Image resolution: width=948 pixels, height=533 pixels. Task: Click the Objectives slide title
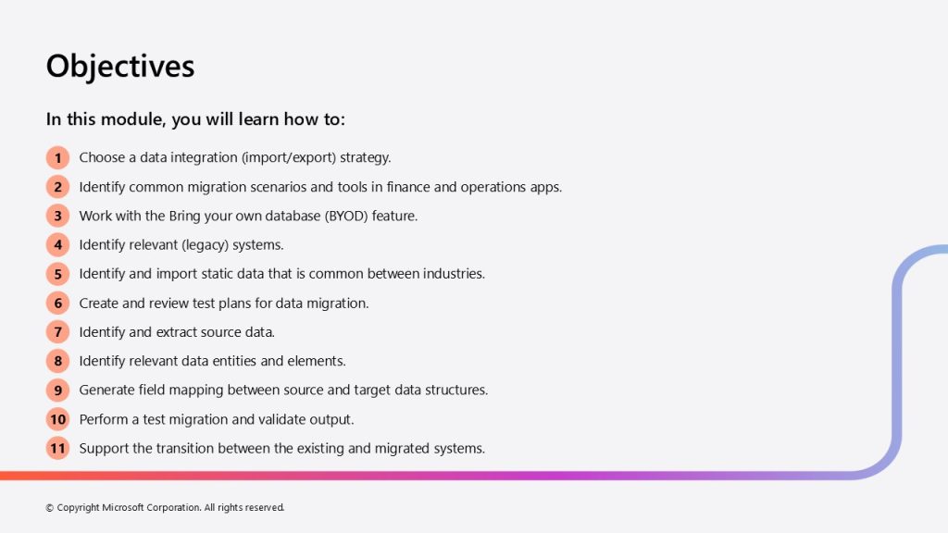120,67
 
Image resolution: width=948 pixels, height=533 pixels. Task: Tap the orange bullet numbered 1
58,157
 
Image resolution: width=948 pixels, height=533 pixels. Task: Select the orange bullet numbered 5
58,274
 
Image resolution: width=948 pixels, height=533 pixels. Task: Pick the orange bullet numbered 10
58,419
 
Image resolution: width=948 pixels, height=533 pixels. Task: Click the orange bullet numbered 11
58,449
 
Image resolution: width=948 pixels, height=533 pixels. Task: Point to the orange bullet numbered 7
58,332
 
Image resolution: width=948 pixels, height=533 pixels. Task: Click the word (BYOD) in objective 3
346,217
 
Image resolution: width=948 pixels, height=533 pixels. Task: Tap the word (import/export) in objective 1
289,157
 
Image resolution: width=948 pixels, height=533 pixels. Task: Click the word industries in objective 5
454,274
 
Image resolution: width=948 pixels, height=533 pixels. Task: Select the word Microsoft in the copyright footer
123,508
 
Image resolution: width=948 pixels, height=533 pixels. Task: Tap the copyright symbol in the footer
50,508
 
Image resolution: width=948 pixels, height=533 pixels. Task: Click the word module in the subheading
133,119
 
